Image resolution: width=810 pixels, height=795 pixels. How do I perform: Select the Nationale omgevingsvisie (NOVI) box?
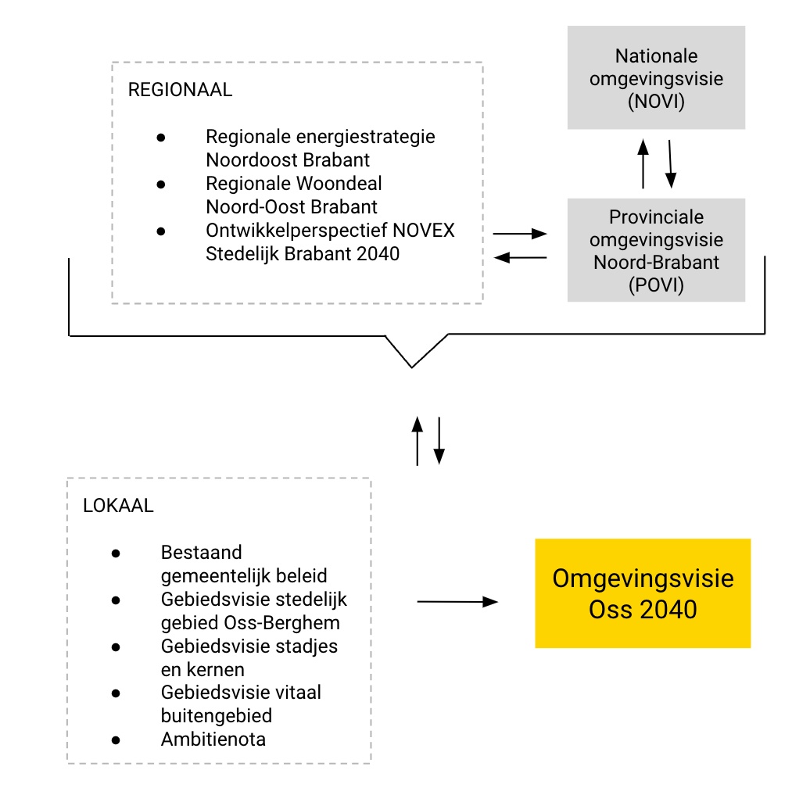tap(656, 78)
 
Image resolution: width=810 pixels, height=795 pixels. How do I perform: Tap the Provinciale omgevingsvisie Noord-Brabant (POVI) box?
tap(656, 250)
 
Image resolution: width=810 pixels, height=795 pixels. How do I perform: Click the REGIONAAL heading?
tap(180, 90)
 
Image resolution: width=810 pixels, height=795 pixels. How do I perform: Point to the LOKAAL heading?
tap(118, 505)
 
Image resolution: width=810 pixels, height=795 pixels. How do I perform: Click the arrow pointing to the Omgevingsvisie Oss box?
tap(457, 602)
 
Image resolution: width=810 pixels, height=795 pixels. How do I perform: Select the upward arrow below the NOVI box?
tap(643, 164)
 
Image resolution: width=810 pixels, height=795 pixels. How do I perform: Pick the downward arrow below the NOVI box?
tap(670, 164)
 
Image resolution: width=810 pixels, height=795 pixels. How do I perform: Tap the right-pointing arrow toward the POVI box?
tap(520, 233)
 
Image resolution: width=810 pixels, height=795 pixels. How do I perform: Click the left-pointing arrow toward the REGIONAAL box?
tap(520, 257)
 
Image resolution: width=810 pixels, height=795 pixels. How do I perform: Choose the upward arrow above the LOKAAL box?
tap(418, 441)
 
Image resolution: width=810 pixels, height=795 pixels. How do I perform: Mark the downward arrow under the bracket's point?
tap(439, 441)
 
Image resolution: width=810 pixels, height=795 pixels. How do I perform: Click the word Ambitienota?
tap(213, 739)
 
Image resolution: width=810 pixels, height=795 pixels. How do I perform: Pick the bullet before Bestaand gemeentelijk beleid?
tap(116, 553)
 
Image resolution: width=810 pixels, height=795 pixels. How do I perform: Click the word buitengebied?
tap(217, 715)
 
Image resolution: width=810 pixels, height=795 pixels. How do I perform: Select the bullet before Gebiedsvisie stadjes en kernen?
tap(116, 646)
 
